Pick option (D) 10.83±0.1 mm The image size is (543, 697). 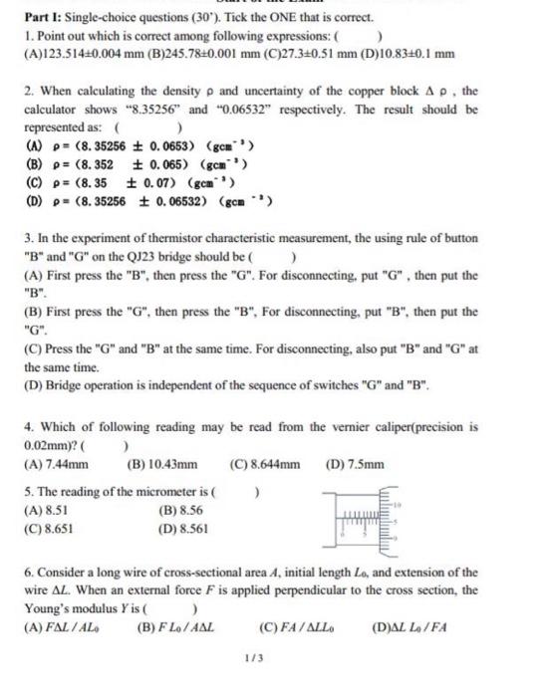407,53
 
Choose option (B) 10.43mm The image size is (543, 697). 162,463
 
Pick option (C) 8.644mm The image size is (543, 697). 264,463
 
